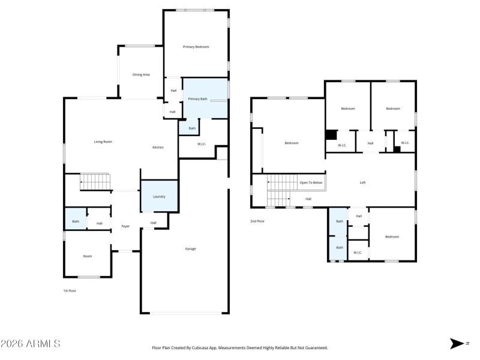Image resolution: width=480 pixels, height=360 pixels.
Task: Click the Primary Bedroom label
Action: pos(196,46)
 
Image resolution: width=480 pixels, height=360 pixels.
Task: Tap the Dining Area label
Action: pos(141,74)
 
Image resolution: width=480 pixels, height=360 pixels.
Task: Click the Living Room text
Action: pos(103,142)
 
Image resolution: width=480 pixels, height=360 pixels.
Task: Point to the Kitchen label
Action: pos(158,147)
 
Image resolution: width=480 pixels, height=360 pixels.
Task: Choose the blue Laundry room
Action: pos(159,196)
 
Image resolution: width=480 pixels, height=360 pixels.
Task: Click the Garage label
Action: pos(190,248)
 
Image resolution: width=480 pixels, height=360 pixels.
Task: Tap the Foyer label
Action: pos(125,226)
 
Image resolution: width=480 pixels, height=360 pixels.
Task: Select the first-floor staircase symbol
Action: pos(95,181)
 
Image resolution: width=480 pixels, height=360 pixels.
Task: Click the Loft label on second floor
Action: pos(362,182)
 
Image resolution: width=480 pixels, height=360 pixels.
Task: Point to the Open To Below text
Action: pos(311,182)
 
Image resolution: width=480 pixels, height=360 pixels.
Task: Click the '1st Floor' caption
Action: pos(70,290)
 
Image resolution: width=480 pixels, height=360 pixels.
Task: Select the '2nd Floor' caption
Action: pos(257,221)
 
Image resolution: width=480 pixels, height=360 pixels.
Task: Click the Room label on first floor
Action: pos(88,256)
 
